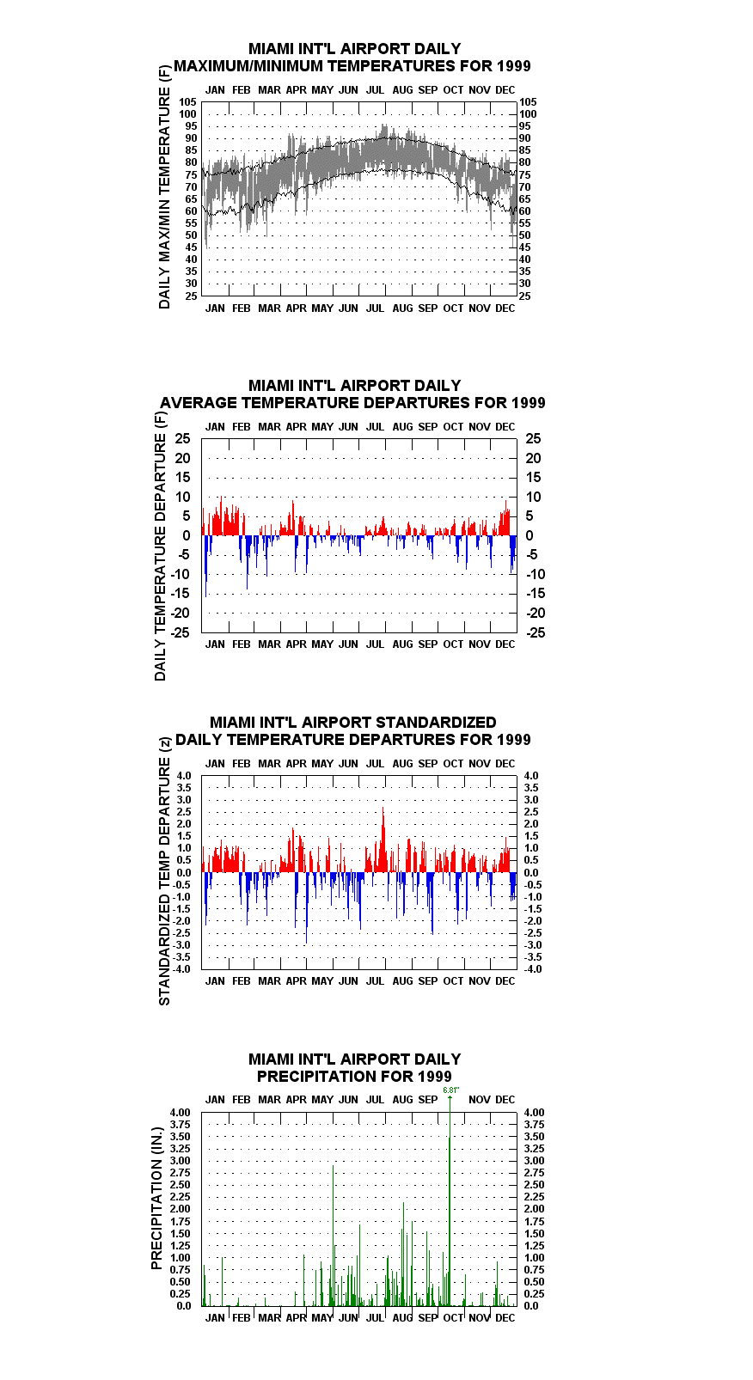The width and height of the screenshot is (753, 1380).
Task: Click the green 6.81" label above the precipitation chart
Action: pos(451,1090)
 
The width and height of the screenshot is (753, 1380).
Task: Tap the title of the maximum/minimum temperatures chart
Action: pos(352,58)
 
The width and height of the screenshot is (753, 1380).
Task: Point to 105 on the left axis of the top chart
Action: pos(188,102)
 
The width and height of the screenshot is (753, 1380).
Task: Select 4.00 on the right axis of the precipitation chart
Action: pos(535,1112)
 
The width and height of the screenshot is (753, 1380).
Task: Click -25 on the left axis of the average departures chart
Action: pos(180,632)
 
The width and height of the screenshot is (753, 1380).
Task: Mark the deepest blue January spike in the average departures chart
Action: pos(205,565)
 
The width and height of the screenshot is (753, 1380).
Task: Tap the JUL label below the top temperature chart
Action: pos(375,308)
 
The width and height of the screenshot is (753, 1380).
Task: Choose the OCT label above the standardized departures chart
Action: pos(453,763)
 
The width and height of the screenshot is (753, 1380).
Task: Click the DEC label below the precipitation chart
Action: pos(505,1317)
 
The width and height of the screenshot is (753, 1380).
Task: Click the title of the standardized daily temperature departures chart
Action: pos(352,730)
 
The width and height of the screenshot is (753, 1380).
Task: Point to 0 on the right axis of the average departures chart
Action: pos(530,536)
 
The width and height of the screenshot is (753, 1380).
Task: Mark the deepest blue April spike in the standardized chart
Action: pos(306,908)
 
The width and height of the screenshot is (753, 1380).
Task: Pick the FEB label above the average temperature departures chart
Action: pos(241,426)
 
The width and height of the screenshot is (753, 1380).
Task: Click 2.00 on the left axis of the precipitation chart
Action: pos(180,1209)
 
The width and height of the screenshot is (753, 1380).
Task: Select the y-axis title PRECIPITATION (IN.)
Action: pos(156,1199)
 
